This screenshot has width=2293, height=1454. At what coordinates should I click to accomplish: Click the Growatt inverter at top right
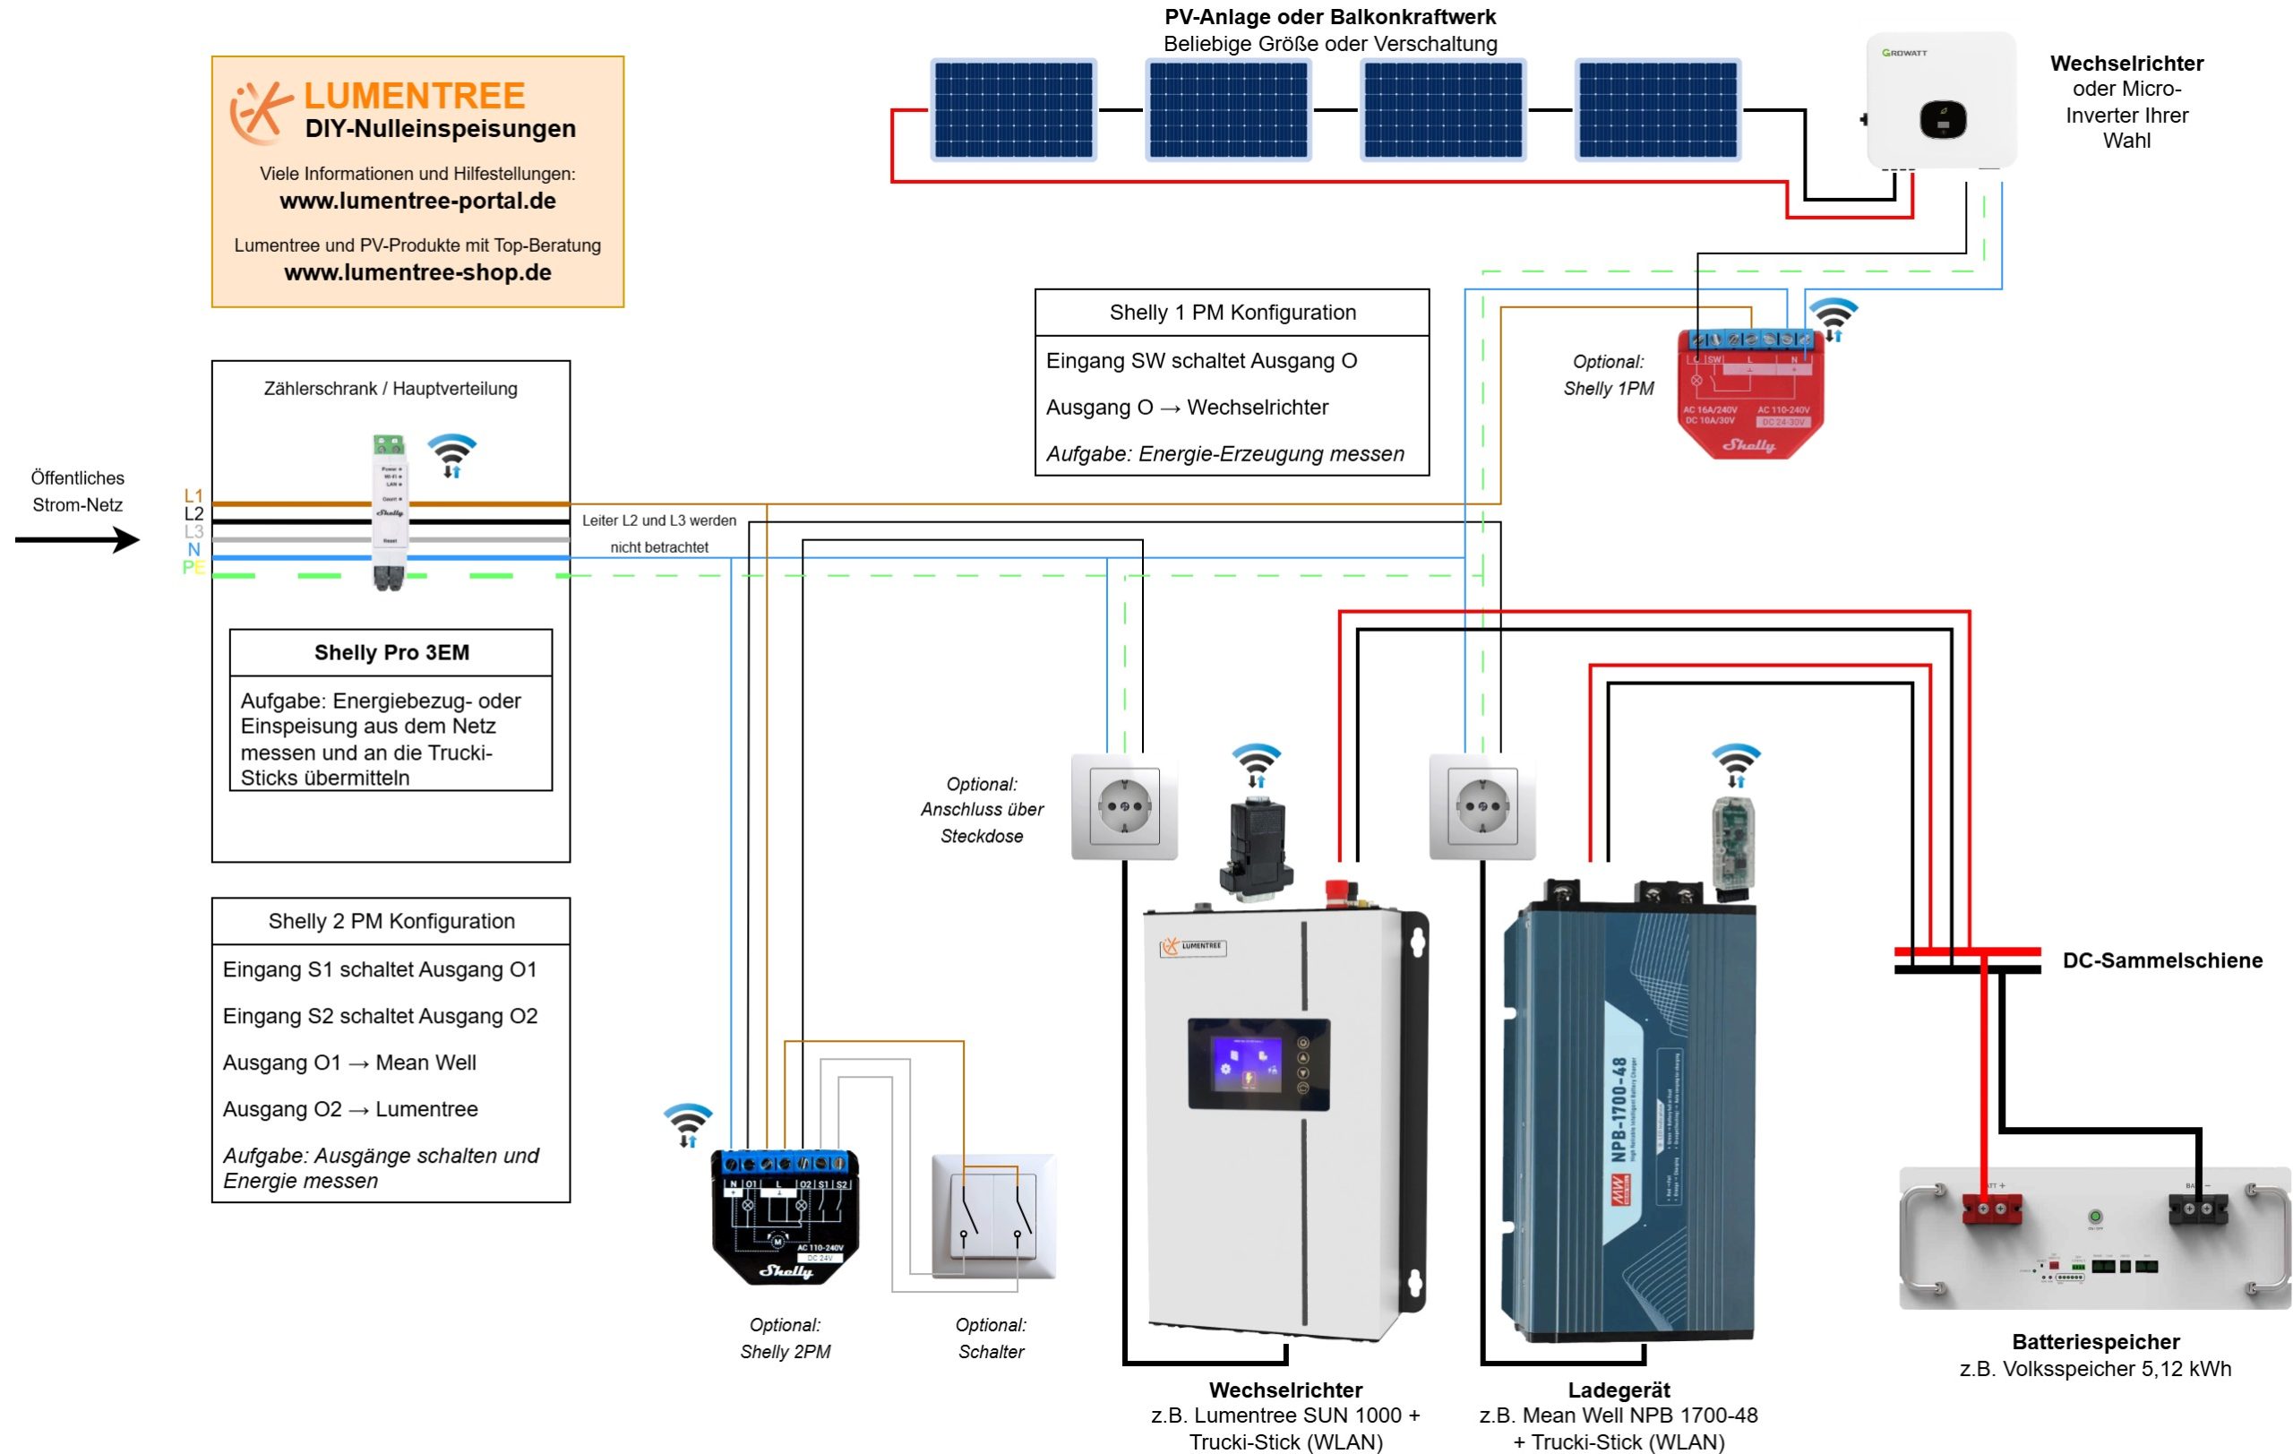tap(1941, 101)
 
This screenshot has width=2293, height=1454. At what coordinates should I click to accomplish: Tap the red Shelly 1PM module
tap(1750, 392)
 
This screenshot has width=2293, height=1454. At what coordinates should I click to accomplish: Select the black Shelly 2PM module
tap(785, 1217)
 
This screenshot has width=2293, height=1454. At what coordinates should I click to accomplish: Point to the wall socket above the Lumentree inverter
tap(1125, 806)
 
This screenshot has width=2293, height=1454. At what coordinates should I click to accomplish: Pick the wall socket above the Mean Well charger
tap(1482, 806)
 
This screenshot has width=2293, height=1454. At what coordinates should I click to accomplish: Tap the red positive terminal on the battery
tap(1991, 1209)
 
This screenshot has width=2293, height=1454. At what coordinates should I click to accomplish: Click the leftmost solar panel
tap(1013, 109)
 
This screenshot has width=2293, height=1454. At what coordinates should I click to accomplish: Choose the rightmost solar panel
tap(1658, 109)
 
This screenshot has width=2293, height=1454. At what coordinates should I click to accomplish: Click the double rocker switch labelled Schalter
tap(993, 1216)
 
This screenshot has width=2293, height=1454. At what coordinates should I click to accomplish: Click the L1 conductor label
tap(193, 495)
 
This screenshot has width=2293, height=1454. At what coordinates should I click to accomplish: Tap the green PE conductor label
tap(193, 567)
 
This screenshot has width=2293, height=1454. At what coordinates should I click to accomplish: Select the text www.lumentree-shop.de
tap(417, 272)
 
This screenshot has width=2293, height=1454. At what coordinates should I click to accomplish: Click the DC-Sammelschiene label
tap(2161, 960)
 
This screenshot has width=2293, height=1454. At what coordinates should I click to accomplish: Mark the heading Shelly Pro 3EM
tap(391, 652)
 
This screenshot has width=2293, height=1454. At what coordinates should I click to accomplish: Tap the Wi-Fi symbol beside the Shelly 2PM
tap(688, 1124)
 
